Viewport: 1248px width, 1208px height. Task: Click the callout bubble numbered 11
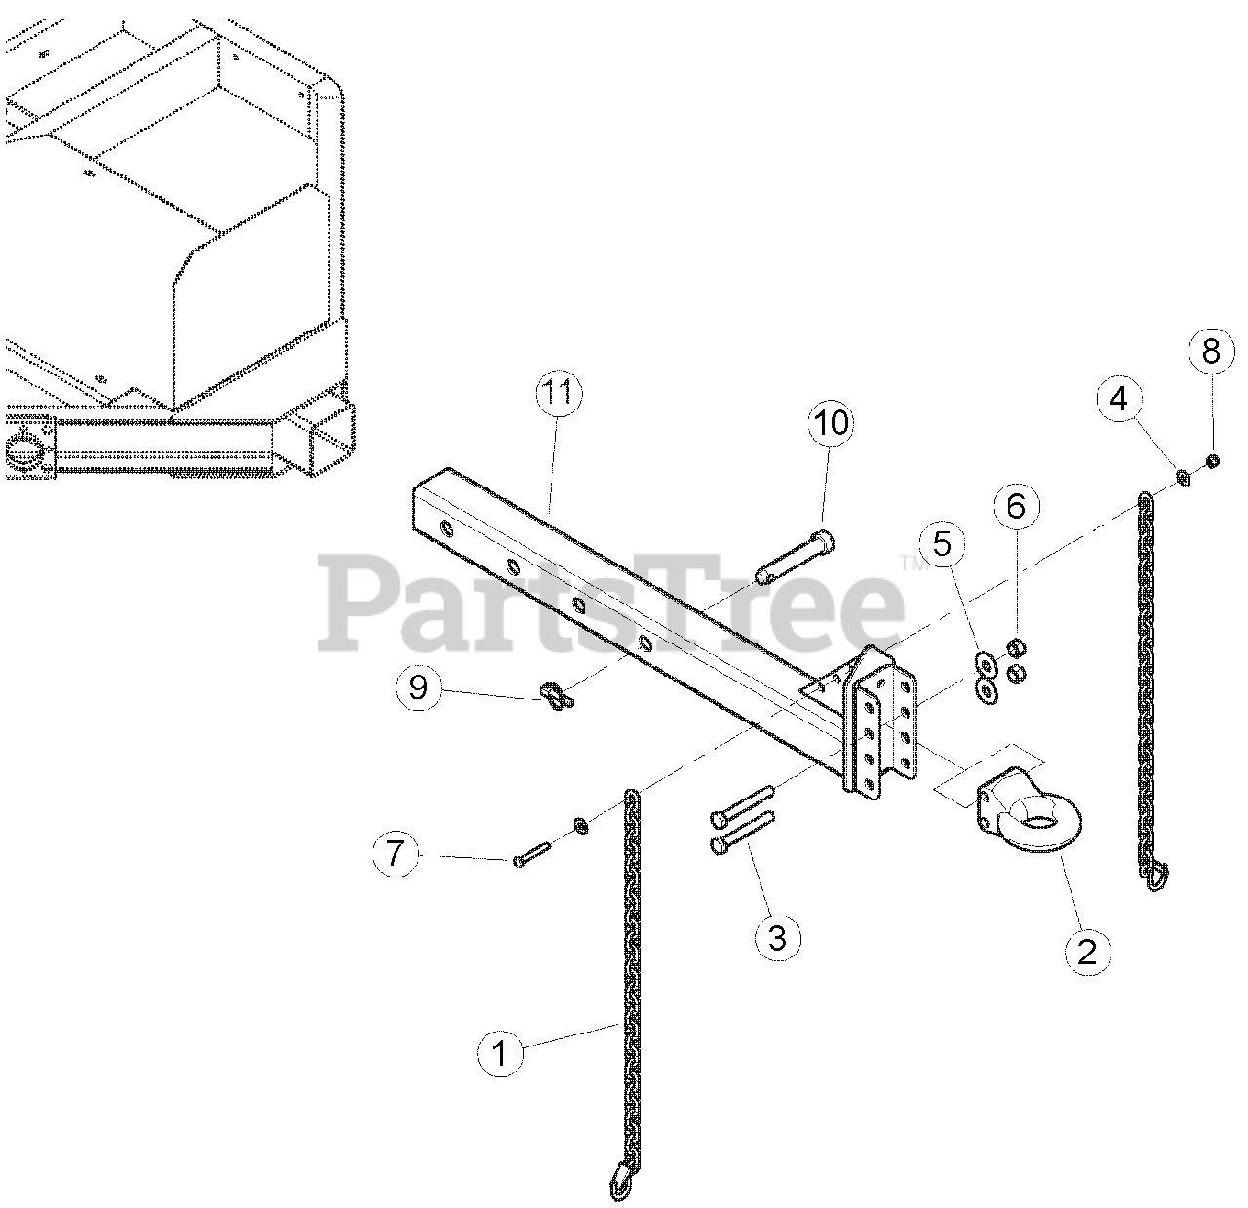[559, 395]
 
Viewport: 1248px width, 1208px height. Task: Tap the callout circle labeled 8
[1211, 352]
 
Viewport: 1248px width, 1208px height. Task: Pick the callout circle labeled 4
[1118, 398]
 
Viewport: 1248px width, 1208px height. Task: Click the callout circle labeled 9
[418, 687]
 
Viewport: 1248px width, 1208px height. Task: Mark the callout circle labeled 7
[394, 855]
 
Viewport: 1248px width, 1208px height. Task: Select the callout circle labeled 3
[777, 938]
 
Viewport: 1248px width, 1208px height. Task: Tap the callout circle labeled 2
[1086, 951]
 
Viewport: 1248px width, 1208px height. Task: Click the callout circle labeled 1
[500, 1054]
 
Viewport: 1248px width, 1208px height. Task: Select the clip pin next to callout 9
[556, 696]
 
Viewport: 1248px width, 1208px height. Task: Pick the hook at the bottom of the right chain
[1154, 877]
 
